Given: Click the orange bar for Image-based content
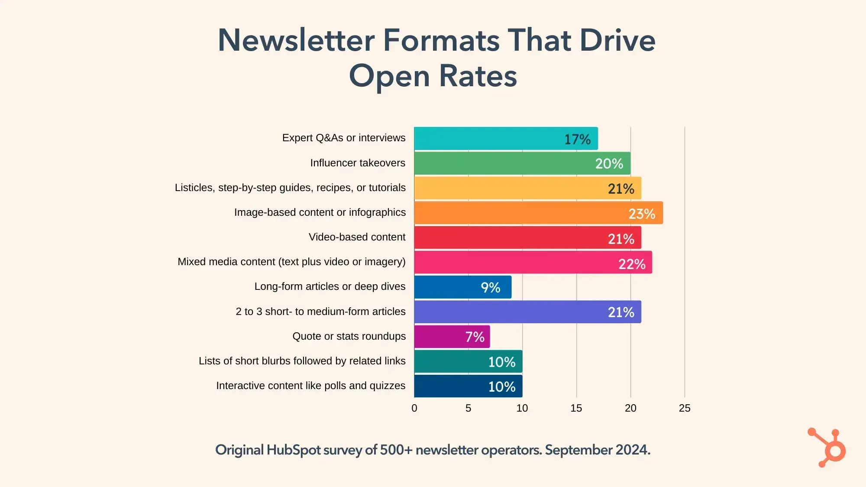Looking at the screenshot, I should click(520, 213).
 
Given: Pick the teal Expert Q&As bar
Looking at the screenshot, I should click(485, 139).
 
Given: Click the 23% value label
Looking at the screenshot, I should click(642, 214).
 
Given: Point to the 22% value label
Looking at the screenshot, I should click(632, 264).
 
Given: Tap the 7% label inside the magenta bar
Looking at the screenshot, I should click(475, 337).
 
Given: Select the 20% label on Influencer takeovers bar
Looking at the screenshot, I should click(609, 164).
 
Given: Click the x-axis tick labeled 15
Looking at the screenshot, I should click(576, 408).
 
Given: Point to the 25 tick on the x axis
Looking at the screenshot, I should click(684, 408).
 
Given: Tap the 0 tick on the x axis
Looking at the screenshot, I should click(414, 408).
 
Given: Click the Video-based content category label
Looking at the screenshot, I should click(357, 237).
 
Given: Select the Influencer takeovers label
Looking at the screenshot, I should click(358, 163).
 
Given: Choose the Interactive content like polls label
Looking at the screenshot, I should click(310, 386).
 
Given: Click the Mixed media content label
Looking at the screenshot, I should click(291, 262).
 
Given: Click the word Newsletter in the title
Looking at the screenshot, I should click(296, 40).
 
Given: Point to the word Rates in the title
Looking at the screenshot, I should click(478, 76).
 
